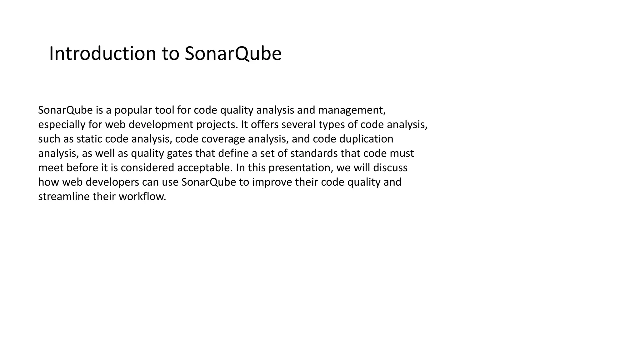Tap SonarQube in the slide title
(x=233, y=53)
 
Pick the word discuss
(x=390, y=168)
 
